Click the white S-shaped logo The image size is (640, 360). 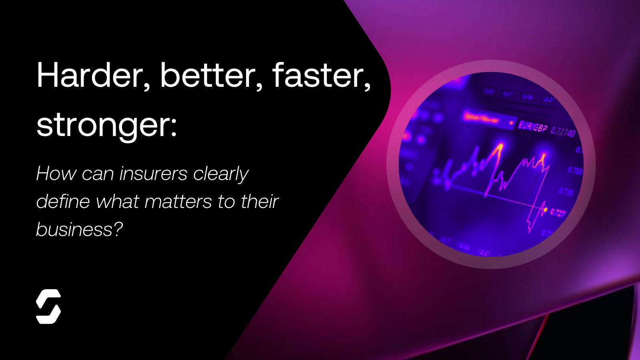pyautogui.click(x=48, y=306)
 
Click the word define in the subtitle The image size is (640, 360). pyautogui.click(x=62, y=201)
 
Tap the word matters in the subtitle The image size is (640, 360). pyautogui.click(x=178, y=201)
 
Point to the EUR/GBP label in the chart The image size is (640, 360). pyautogui.click(x=532, y=127)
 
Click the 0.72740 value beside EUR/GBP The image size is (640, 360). pyautogui.click(x=563, y=131)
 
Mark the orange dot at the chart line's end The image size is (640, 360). pyautogui.click(x=545, y=209)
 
